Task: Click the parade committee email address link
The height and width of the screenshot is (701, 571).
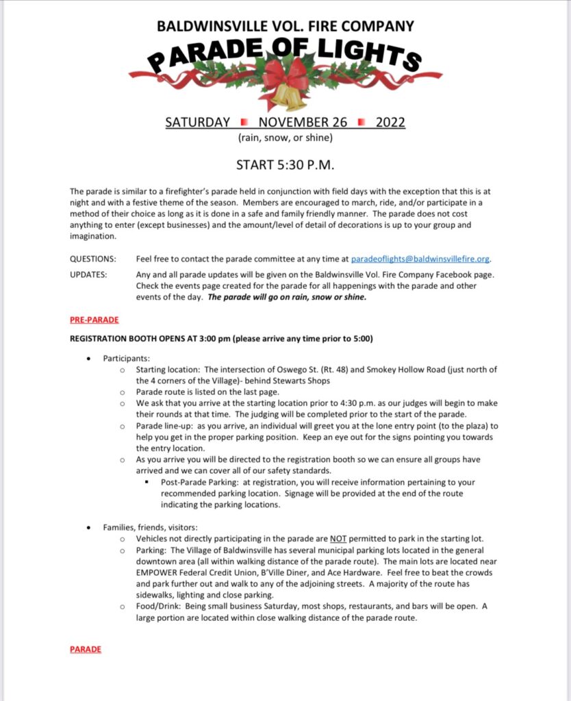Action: [x=420, y=259]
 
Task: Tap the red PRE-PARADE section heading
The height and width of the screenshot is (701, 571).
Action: [x=94, y=320]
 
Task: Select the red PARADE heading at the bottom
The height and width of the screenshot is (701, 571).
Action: [x=86, y=649]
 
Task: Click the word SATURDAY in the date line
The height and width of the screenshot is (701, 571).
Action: [x=198, y=123]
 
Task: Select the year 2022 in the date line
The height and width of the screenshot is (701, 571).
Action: [x=390, y=123]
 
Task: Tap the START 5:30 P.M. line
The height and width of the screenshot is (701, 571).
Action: [x=285, y=165]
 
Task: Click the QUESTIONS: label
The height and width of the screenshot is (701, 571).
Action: [x=92, y=259]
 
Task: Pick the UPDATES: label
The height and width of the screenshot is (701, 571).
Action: [x=89, y=275]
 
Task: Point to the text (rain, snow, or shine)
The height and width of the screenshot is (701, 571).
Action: [x=285, y=138]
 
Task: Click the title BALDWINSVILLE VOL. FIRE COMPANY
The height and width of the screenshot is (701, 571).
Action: [x=285, y=27]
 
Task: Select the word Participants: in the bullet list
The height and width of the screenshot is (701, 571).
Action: [x=127, y=358]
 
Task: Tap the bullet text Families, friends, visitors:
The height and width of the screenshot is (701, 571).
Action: [x=150, y=527]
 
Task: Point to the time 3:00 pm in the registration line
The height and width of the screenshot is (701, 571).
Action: [x=213, y=339]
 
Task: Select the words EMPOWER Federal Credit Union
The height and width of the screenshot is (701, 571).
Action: [x=195, y=572]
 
